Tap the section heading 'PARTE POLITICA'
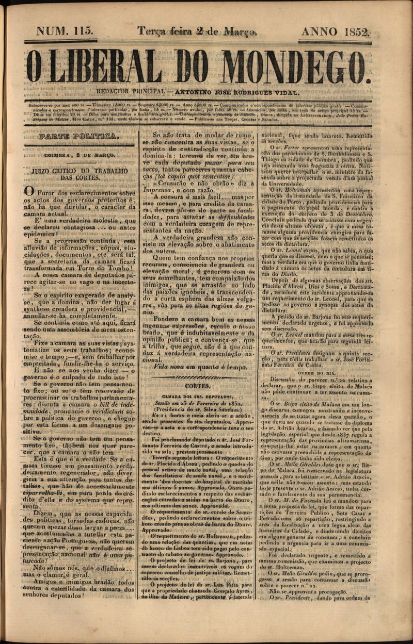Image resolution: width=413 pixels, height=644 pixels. click(79, 137)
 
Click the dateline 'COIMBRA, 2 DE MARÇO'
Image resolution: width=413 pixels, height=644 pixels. click(80, 154)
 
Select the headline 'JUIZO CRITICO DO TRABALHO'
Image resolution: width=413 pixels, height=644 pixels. click(80, 170)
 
